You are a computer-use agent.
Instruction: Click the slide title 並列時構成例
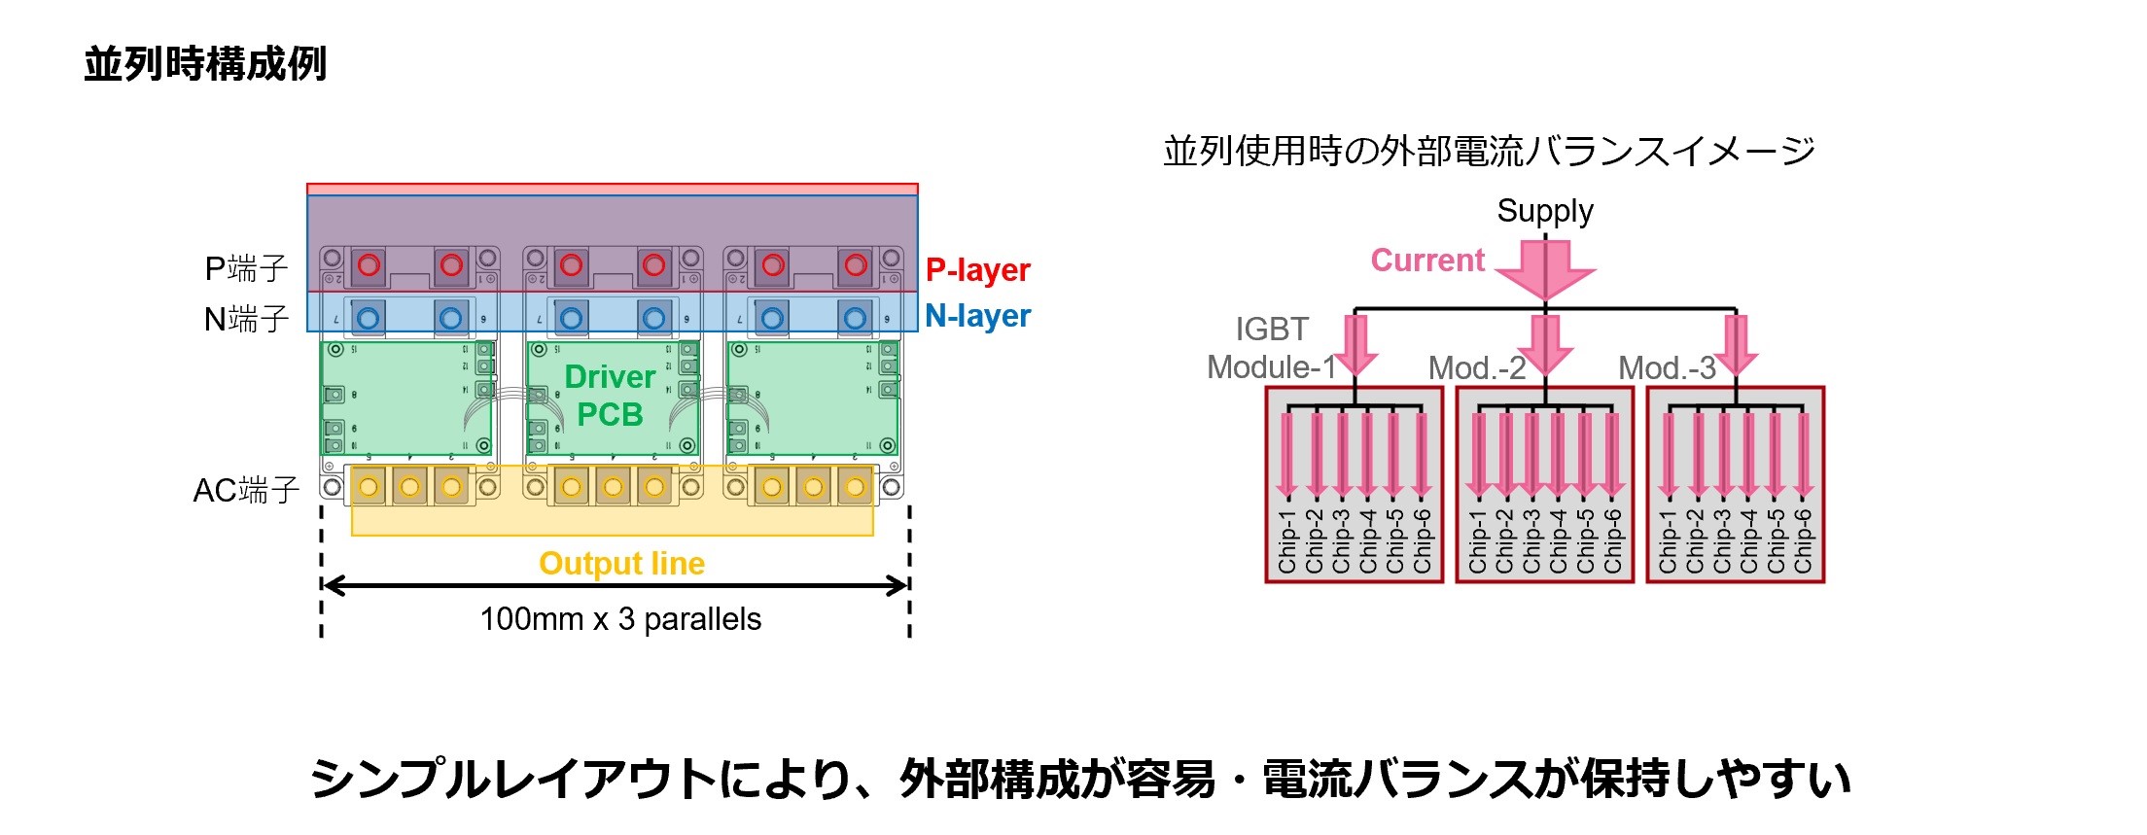coord(205,64)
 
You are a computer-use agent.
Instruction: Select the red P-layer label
coord(977,269)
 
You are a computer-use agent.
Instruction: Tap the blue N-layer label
coord(977,316)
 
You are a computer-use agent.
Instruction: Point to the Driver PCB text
coord(610,396)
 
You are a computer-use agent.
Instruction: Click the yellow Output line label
coord(621,564)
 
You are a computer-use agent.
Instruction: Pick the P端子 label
coord(246,268)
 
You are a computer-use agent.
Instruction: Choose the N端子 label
coord(246,319)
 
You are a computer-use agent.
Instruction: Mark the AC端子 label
coord(246,490)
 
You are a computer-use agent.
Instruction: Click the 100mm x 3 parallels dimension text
coord(620,619)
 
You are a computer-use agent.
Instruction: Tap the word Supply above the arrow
coord(1544,211)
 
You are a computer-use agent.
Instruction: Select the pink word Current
coord(1427,261)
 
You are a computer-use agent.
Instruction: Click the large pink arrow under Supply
coord(1545,270)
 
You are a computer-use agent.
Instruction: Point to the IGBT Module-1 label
coord(1272,349)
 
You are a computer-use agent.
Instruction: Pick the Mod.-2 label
coord(1476,368)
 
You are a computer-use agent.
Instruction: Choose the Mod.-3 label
coord(1667,368)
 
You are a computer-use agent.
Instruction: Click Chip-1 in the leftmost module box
coord(1287,541)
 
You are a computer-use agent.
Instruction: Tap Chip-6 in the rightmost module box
coord(1803,541)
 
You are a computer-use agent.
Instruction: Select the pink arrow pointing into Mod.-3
coord(1736,345)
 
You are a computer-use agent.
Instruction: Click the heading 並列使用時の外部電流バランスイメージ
coord(1489,152)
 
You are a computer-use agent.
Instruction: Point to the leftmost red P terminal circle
coord(369,264)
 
